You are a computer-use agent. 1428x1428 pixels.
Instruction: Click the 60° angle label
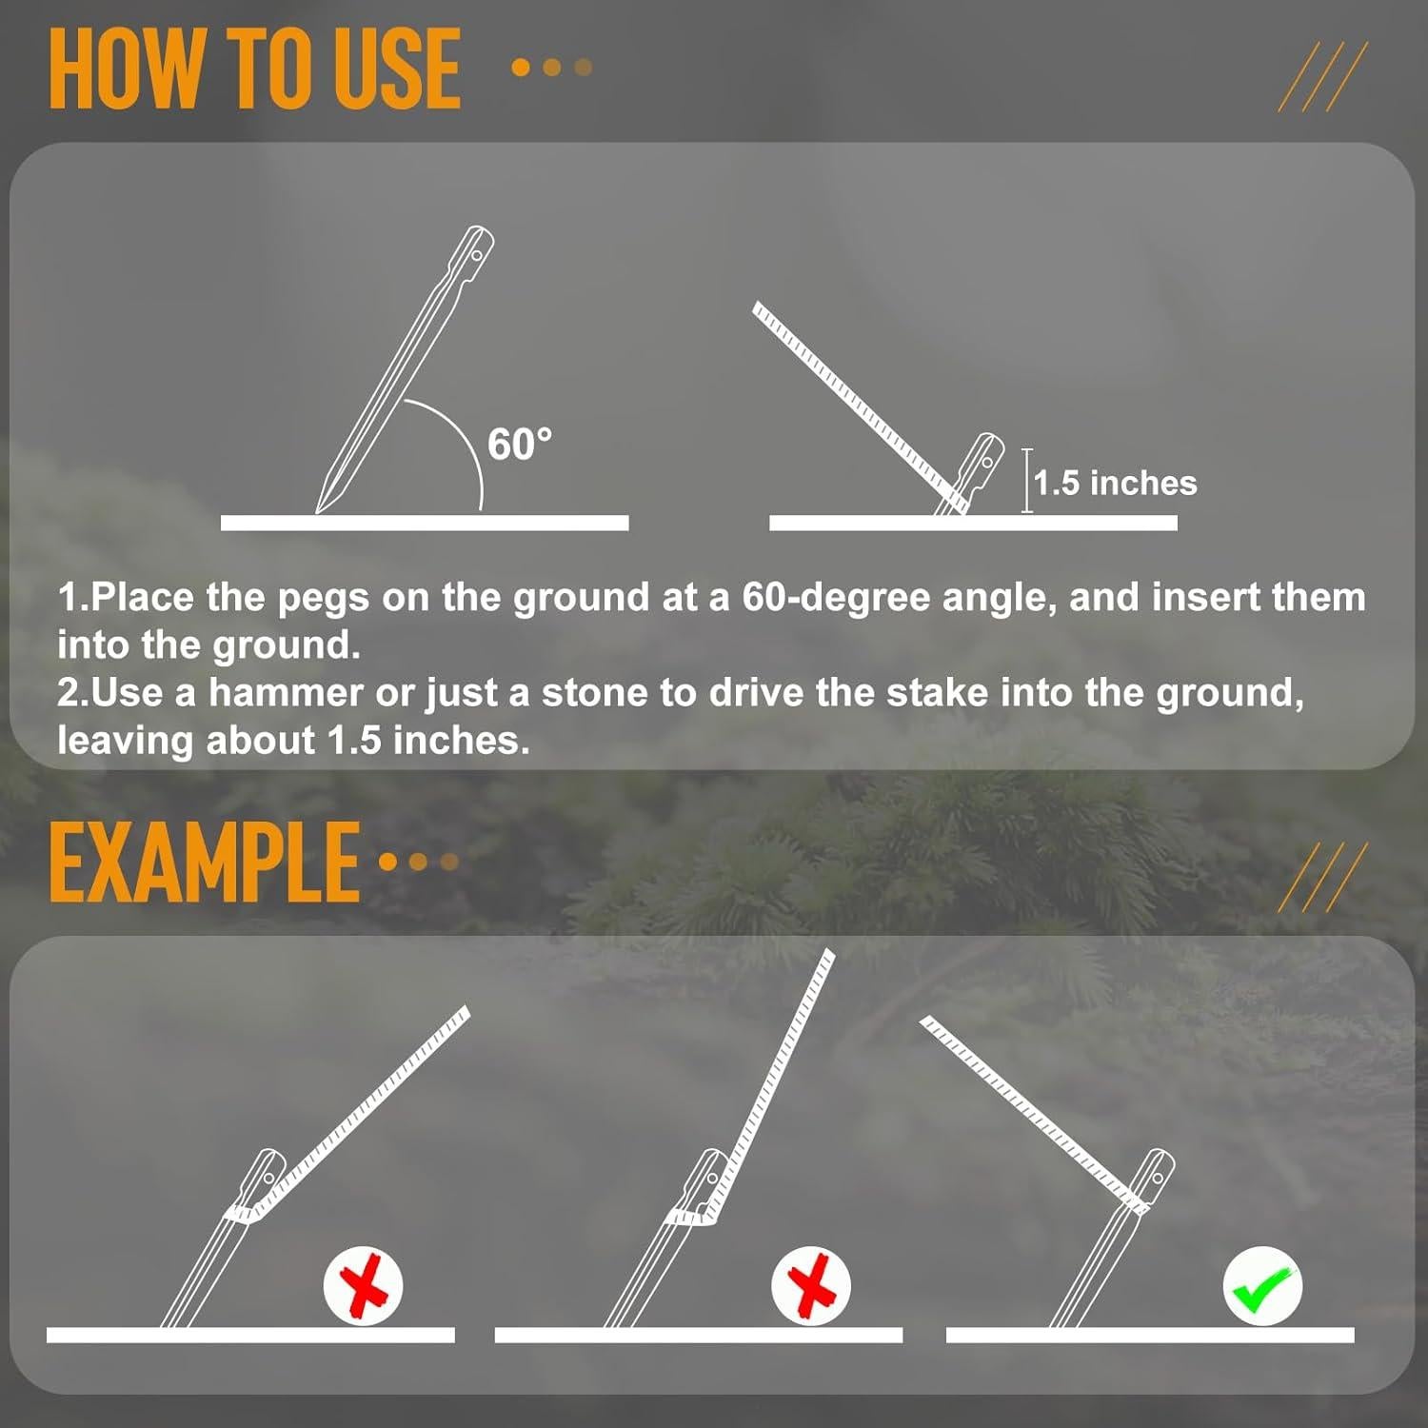[x=519, y=445]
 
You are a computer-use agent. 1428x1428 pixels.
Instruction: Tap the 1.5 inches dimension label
[x=1115, y=483]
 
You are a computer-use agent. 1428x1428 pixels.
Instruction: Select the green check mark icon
[x=1262, y=1286]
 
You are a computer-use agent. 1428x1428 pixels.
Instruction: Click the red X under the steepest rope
[x=811, y=1286]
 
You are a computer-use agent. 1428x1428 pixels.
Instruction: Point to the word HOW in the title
[x=125, y=69]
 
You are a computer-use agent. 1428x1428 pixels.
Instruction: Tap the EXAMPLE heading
[x=204, y=863]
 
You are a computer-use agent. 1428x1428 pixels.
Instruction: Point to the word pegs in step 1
[x=323, y=599]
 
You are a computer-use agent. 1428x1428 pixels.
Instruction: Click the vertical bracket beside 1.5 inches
[x=1027, y=481]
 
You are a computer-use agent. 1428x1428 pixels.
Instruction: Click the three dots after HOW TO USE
[x=551, y=68]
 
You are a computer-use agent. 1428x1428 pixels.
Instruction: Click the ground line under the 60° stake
[x=425, y=523]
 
